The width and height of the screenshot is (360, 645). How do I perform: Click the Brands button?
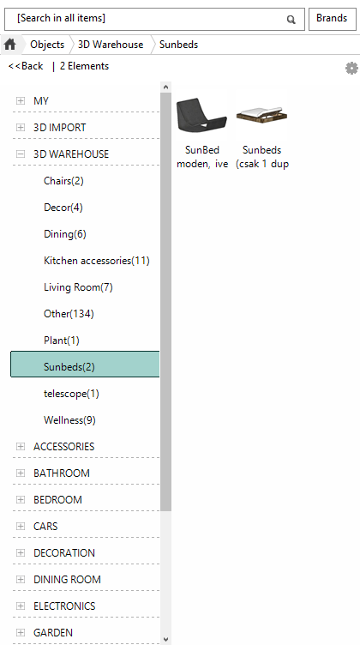click(332, 19)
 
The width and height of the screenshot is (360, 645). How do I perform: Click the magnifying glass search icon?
click(291, 20)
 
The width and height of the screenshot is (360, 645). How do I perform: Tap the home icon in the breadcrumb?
click(10, 45)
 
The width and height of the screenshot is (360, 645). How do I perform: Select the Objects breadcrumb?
click(47, 45)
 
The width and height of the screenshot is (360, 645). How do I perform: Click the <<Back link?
click(26, 66)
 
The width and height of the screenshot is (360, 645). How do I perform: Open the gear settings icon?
click(351, 69)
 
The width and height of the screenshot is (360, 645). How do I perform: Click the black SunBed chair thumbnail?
click(201, 114)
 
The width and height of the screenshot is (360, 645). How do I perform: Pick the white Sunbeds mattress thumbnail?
click(261, 114)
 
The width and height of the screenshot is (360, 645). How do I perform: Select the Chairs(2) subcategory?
click(63, 181)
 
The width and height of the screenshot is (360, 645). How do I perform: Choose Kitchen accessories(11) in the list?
click(97, 261)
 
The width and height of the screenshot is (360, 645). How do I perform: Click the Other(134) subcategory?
click(69, 314)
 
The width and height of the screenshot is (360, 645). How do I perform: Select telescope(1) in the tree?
click(71, 394)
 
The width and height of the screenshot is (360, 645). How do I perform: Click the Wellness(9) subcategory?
click(69, 420)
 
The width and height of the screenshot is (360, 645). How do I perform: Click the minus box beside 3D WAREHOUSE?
click(20, 154)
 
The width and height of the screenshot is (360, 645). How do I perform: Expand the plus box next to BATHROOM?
click(20, 473)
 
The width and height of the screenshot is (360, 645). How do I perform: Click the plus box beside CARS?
click(20, 526)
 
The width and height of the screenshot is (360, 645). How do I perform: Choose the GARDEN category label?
click(53, 633)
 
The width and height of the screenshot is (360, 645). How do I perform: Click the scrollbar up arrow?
click(165, 87)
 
